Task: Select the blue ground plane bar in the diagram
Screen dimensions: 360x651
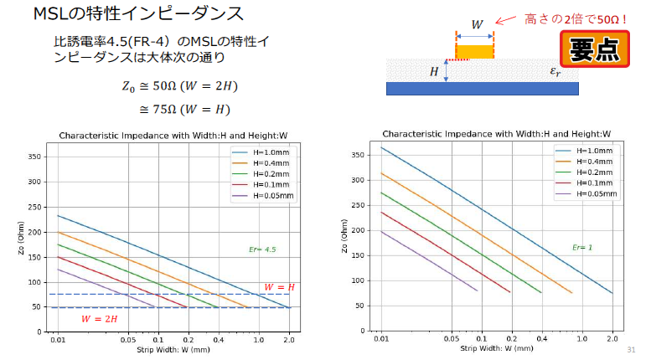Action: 484,88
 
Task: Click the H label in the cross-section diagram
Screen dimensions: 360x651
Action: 434,71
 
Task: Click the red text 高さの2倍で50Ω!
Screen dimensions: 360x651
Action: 576,18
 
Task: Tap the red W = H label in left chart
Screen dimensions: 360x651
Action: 279,286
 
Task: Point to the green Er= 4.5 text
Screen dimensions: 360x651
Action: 261,249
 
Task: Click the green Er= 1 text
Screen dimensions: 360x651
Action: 581,247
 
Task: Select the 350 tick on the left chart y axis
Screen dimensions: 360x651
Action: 35,157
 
